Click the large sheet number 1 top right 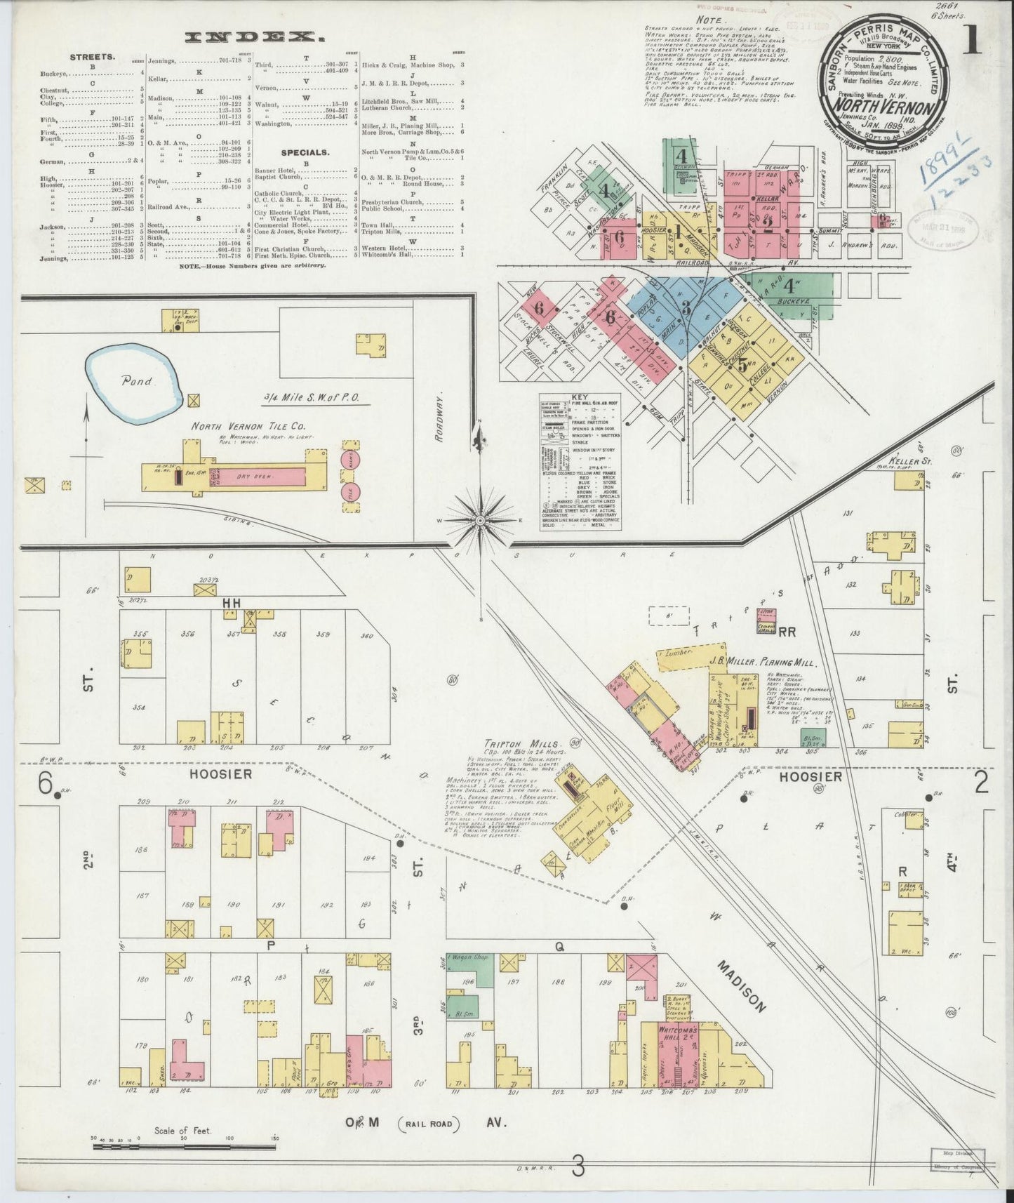[972, 44]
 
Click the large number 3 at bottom [578, 1168]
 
